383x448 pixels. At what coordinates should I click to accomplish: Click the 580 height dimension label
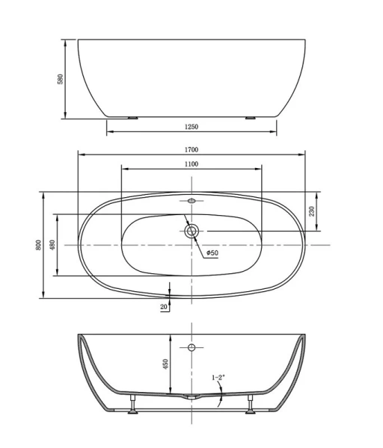click(x=61, y=78)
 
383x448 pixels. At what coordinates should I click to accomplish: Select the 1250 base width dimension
click(x=191, y=127)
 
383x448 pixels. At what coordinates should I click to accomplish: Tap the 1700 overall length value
click(x=191, y=149)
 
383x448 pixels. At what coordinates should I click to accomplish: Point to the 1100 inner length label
click(x=191, y=164)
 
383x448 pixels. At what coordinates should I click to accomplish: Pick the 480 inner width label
click(x=52, y=245)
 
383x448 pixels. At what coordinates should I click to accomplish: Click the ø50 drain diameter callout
click(x=212, y=253)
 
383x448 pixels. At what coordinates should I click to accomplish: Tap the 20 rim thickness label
click(x=163, y=306)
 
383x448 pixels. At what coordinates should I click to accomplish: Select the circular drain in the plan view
click(x=191, y=231)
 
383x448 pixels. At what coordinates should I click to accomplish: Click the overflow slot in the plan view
click(x=191, y=200)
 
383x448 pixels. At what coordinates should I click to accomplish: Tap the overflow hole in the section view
click(x=191, y=348)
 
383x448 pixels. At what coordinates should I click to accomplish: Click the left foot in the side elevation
click(x=132, y=117)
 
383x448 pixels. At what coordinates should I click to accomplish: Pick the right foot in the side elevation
click(x=250, y=117)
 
